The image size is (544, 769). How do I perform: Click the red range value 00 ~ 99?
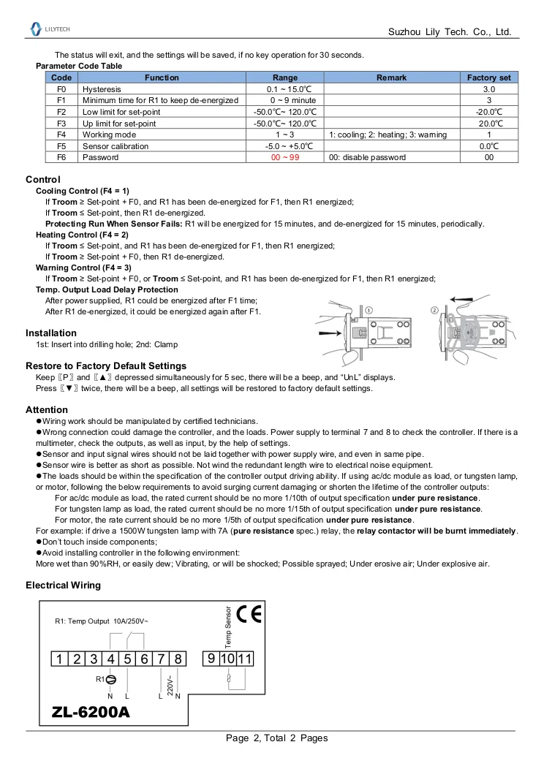285,157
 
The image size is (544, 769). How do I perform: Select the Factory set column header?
489,77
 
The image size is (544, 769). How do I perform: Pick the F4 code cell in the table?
61,135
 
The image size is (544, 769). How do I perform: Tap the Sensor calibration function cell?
115,146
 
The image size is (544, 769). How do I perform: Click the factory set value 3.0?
489,88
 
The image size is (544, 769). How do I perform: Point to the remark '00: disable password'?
367,157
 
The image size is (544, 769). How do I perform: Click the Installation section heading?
51,333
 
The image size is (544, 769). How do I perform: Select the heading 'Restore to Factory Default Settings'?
106,365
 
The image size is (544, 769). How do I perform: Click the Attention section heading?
47,409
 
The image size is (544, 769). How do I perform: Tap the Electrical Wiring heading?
63,586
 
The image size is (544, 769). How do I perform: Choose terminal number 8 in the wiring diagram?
178,659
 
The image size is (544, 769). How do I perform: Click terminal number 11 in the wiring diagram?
245,659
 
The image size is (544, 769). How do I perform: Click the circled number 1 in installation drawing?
369,310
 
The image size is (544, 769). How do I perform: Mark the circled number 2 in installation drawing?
434,310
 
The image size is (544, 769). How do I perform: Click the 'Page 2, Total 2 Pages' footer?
276,738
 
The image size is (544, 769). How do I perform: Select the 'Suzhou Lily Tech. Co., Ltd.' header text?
449,33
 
